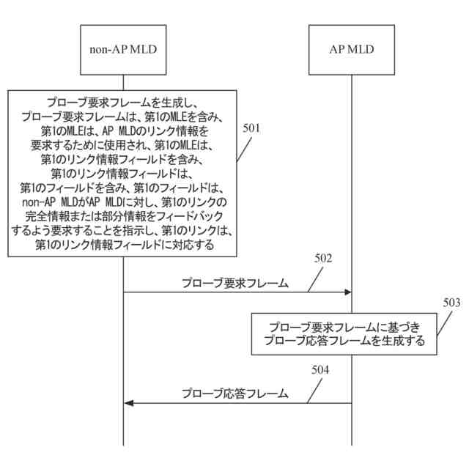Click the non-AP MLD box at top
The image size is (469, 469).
tap(123, 49)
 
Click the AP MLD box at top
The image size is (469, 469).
tap(351, 49)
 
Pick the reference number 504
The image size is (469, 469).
tap(320, 369)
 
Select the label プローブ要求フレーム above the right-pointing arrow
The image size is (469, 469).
tap(234, 282)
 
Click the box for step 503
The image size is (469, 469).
tap(344, 334)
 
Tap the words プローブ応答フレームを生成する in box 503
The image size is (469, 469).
tap(344, 341)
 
